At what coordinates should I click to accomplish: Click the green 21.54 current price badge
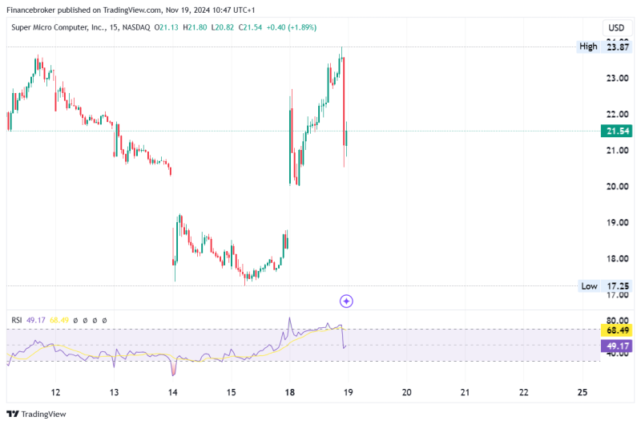[x=616, y=131]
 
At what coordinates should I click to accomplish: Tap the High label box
[x=588, y=47]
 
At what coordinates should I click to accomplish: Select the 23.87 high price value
[x=617, y=47]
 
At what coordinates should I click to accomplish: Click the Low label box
[x=589, y=286]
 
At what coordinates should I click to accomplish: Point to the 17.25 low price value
[x=617, y=286]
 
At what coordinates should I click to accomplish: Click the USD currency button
[x=616, y=27]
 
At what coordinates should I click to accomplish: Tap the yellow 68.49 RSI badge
[x=616, y=330]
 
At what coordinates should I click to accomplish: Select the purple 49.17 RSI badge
[x=616, y=346]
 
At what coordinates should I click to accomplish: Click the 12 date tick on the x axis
[x=56, y=392]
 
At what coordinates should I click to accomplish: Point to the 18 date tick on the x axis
[x=290, y=392]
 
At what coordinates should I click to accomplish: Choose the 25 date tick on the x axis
[x=583, y=392]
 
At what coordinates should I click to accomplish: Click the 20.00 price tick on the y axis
[x=616, y=186]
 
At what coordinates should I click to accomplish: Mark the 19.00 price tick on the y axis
[x=616, y=222]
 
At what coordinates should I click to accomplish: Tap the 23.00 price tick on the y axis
[x=616, y=79]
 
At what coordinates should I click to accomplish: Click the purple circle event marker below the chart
[x=346, y=301]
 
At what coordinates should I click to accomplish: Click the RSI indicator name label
[x=16, y=320]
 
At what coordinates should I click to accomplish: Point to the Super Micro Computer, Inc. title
[x=66, y=27]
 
